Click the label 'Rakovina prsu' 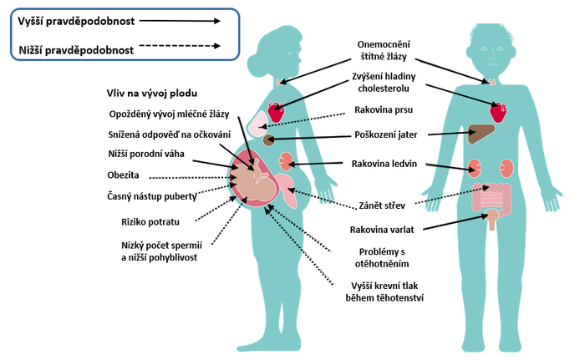click(x=383, y=109)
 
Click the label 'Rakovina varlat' click(x=384, y=229)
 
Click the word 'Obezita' click(x=124, y=175)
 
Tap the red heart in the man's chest click(x=499, y=111)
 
